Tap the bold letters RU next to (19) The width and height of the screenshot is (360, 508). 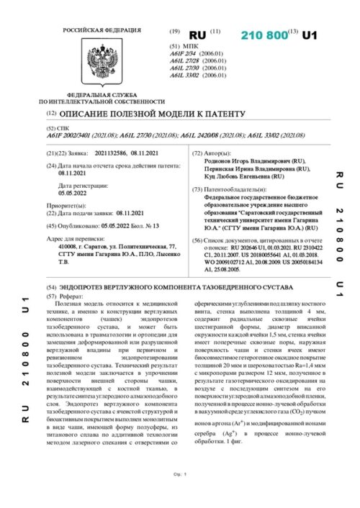(197, 35)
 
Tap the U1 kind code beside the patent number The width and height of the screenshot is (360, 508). (310, 35)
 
